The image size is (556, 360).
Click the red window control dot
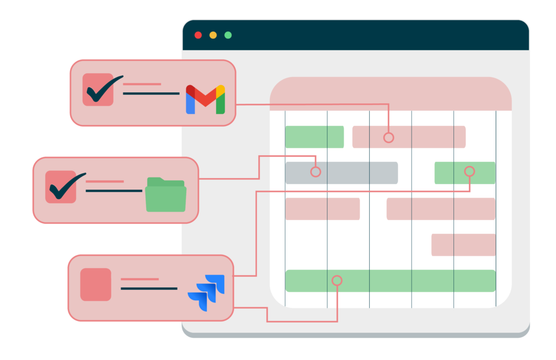(x=198, y=35)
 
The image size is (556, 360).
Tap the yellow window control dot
(x=213, y=35)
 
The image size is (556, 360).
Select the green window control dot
(x=228, y=35)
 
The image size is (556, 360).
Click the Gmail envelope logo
(x=205, y=99)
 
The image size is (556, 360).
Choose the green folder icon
(x=166, y=194)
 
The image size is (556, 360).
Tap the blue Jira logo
(x=206, y=293)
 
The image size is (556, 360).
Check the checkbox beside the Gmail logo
(x=98, y=90)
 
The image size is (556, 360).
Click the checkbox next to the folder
(x=61, y=187)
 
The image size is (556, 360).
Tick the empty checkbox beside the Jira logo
(x=96, y=285)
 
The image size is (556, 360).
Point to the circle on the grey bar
(x=315, y=172)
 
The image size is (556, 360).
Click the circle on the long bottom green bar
(x=337, y=281)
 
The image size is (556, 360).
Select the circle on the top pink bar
(x=388, y=137)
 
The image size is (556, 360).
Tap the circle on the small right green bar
(x=470, y=172)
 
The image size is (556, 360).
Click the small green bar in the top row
(x=314, y=137)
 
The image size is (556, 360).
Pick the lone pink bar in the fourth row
(x=463, y=245)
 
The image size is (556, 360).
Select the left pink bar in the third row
(x=322, y=209)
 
